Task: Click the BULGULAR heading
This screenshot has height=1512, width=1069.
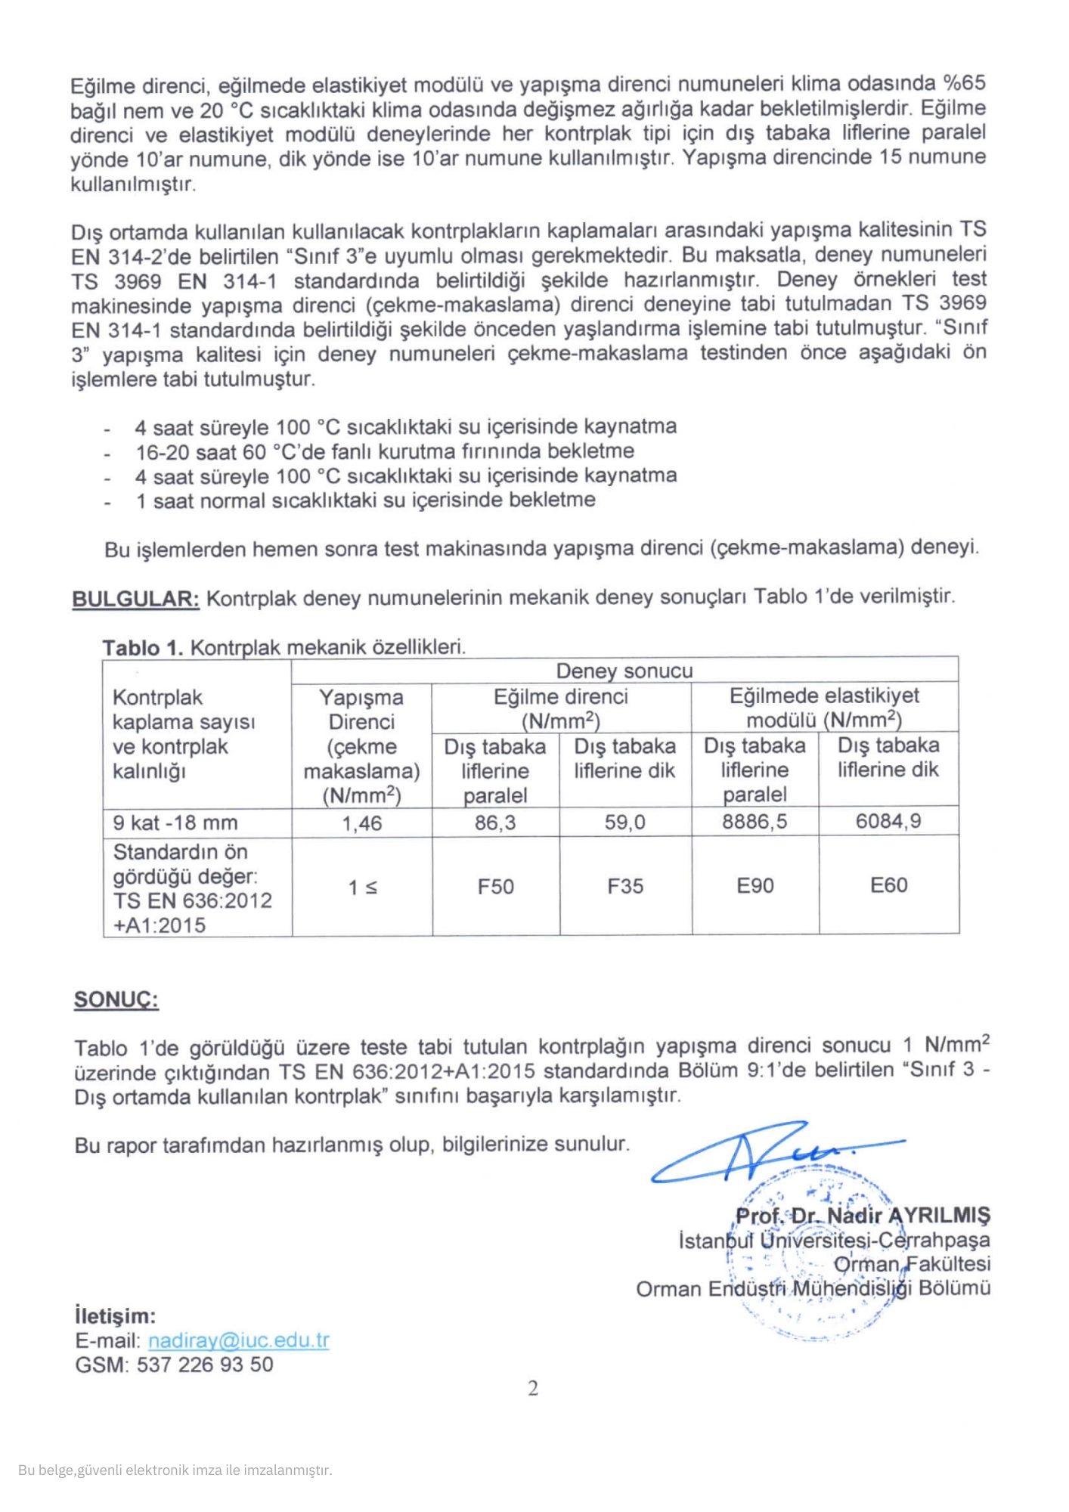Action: pyautogui.click(x=135, y=599)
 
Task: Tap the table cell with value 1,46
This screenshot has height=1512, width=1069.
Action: pyautogui.click(x=362, y=823)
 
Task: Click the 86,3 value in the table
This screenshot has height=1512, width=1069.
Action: pyautogui.click(x=495, y=823)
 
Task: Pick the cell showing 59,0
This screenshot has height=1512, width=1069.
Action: pyautogui.click(x=625, y=823)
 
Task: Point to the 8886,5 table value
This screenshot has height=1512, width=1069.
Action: pyautogui.click(x=754, y=822)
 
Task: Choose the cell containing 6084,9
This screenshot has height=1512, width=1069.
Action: pyautogui.click(x=888, y=821)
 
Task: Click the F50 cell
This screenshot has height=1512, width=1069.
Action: pyautogui.click(x=495, y=886)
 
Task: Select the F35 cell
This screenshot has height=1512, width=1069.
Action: pyautogui.click(x=625, y=886)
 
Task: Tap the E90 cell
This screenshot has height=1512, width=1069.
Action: pyautogui.click(x=755, y=885)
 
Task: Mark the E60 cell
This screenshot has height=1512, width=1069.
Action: pyautogui.click(x=888, y=885)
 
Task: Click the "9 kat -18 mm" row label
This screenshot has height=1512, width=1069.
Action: pyautogui.click(x=175, y=823)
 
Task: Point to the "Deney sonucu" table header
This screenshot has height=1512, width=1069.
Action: pyautogui.click(x=624, y=671)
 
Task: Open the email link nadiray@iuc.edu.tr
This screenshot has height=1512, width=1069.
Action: pyautogui.click(x=239, y=1340)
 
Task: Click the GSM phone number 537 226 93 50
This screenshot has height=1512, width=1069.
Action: pyautogui.click(x=205, y=1365)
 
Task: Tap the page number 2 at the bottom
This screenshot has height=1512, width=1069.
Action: pyautogui.click(x=533, y=1388)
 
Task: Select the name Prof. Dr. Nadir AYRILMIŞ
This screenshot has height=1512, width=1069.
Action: pyautogui.click(x=862, y=1216)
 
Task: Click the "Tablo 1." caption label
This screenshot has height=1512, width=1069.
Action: pyautogui.click(x=143, y=648)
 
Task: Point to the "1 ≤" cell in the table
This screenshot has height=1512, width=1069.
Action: pyautogui.click(x=362, y=887)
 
